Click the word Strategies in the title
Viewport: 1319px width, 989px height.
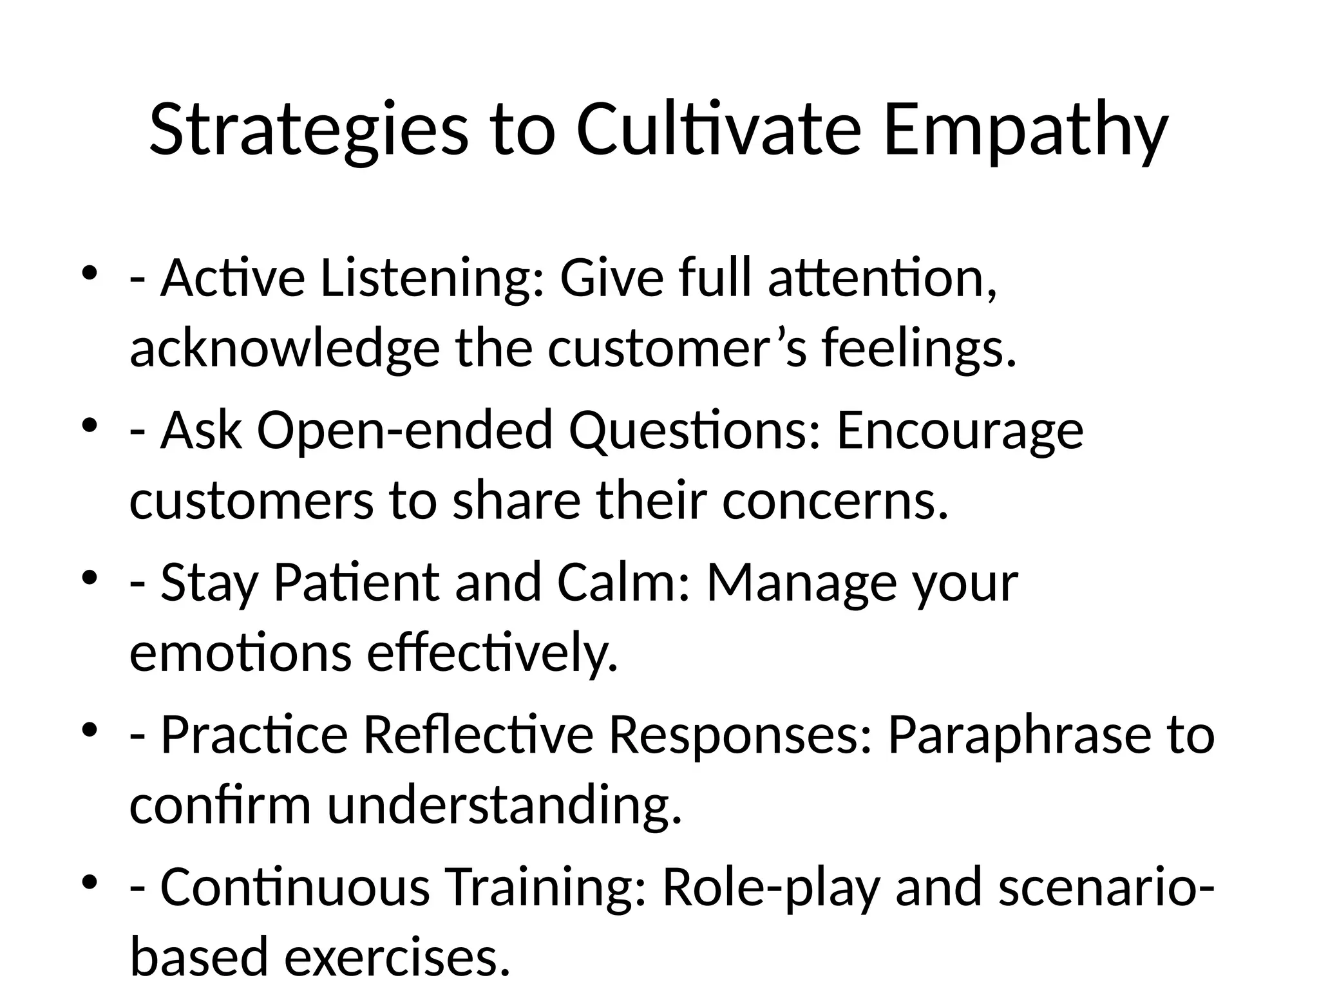pyautogui.click(x=308, y=131)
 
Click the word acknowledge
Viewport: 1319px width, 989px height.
pyautogui.click(x=284, y=348)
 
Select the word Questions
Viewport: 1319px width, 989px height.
pyautogui.click(x=695, y=431)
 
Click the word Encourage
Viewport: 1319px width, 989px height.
pyautogui.click(x=960, y=431)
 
